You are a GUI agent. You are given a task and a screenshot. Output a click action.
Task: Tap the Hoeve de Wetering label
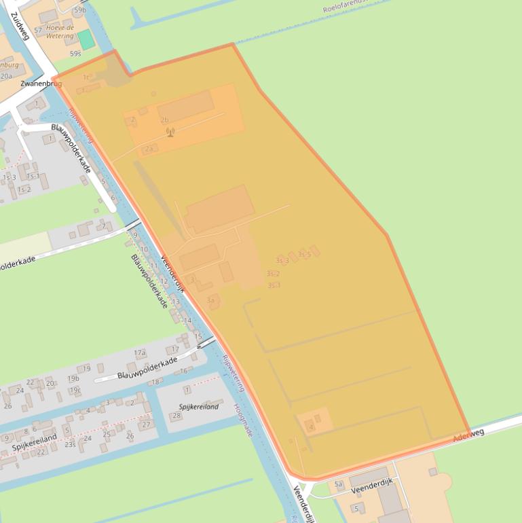pyautogui.click(x=60, y=31)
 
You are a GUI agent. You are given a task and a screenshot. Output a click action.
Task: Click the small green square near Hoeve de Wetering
pyautogui.click(x=86, y=39)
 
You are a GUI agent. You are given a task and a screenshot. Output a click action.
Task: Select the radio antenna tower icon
pyautogui.click(x=170, y=132)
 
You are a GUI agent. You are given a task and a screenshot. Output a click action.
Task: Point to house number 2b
pyautogui.click(x=164, y=120)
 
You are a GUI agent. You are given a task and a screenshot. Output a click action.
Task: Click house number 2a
pyautogui.click(x=149, y=148)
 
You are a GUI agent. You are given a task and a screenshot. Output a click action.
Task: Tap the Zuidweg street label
pyautogui.click(x=20, y=26)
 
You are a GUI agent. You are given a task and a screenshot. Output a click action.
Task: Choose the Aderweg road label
pyautogui.click(x=468, y=433)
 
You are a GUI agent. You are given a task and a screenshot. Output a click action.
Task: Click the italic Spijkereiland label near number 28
pyautogui.click(x=198, y=407)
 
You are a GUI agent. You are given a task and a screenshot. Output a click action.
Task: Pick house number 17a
pyautogui.click(x=139, y=353)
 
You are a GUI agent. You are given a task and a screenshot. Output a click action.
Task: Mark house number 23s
pyautogui.click(x=70, y=444)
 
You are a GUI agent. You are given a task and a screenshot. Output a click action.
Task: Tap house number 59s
pyautogui.click(x=75, y=53)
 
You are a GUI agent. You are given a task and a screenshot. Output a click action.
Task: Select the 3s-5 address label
pyautogui.click(x=304, y=255)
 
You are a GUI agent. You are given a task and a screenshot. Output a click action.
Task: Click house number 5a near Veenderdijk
pyautogui.click(x=339, y=484)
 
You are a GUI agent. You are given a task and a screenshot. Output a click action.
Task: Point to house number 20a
pyautogui.click(x=6, y=77)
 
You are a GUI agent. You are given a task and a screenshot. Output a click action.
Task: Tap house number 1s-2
pyautogui.click(x=24, y=190)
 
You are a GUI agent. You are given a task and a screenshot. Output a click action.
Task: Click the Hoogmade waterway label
pyautogui.click(x=242, y=419)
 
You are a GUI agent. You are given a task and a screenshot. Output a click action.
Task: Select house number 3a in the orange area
pyautogui.click(x=211, y=300)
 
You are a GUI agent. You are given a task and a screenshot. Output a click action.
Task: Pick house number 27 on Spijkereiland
pyautogui.click(x=146, y=425)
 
